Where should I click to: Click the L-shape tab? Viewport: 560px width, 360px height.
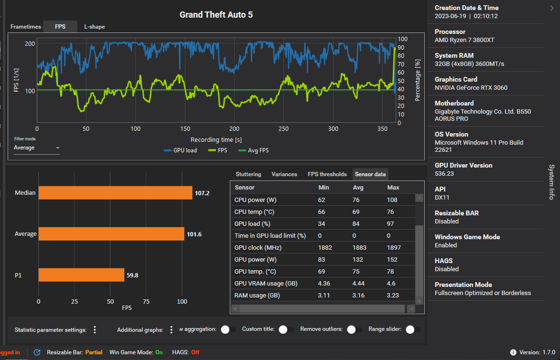[94, 27]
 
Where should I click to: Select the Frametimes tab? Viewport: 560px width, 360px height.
[26, 27]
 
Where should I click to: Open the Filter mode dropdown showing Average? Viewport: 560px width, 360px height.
[37, 148]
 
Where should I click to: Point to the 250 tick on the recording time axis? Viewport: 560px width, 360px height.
[284, 129]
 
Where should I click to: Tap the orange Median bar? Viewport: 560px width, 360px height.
[115, 193]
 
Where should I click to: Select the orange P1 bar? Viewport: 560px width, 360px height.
[81, 275]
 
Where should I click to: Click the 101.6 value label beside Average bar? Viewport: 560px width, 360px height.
[194, 234]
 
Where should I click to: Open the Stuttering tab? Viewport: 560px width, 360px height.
[248, 174]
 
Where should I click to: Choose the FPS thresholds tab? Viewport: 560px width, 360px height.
[327, 174]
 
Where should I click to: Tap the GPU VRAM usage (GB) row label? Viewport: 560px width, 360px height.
[266, 284]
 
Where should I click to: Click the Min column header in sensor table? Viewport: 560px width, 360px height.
[323, 188]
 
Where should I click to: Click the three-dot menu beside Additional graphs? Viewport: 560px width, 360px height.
[172, 330]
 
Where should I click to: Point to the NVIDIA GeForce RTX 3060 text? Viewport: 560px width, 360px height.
[471, 88]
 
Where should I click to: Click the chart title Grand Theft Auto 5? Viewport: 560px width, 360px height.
[216, 15]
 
